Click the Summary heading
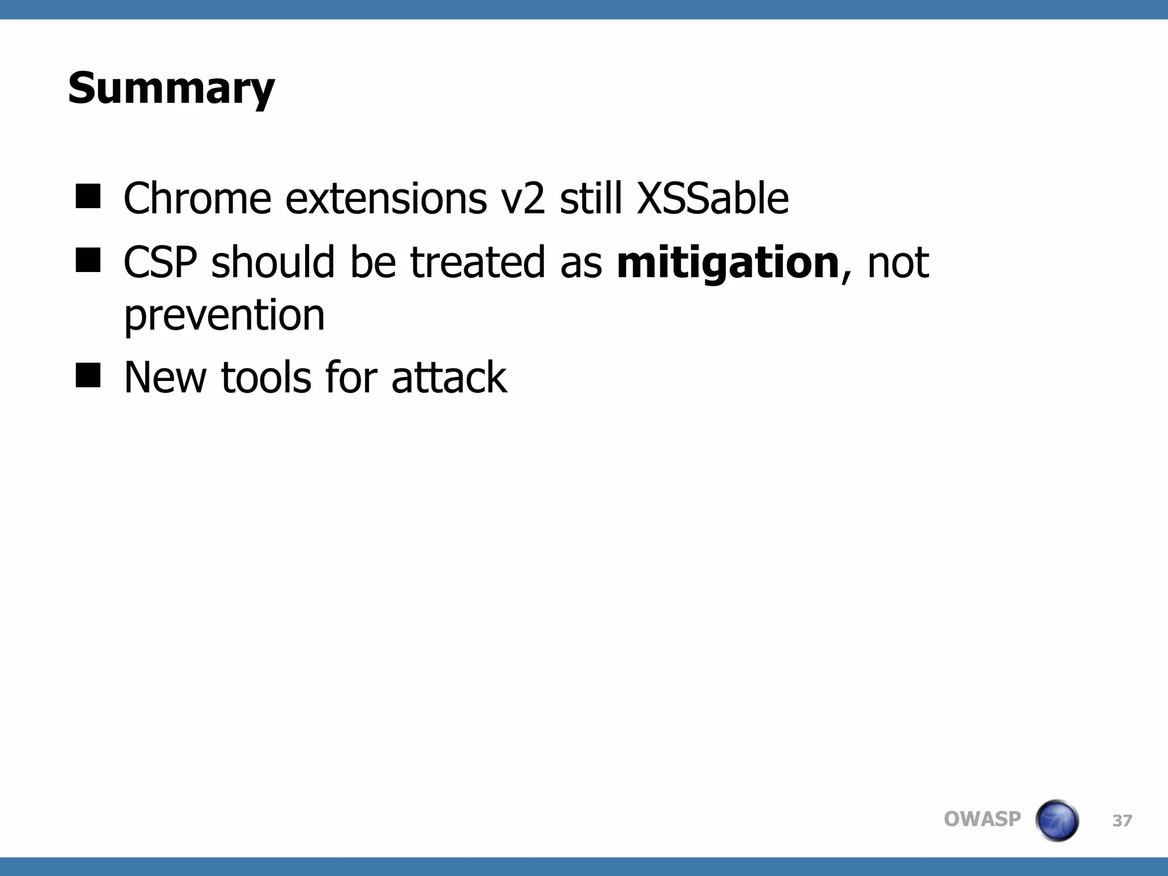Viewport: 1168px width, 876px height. [171, 89]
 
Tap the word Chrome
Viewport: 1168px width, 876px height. [197, 198]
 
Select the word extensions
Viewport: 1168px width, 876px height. [386, 198]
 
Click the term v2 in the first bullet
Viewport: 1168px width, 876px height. [522, 198]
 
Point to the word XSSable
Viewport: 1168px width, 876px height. [712, 198]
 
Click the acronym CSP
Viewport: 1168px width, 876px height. [160, 262]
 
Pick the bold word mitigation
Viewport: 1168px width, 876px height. [728, 262]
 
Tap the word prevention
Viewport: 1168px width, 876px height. [224, 315]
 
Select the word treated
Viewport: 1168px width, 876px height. [477, 262]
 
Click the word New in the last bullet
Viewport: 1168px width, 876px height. [165, 378]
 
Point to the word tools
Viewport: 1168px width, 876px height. [266, 378]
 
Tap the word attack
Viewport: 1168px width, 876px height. [449, 378]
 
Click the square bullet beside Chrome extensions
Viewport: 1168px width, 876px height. [88, 197]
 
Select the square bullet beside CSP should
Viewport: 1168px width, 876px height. [88, 261]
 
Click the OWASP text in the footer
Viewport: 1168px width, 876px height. [982, 819]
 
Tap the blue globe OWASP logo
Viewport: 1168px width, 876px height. [1057, 820]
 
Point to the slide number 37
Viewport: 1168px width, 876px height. [1122, 821]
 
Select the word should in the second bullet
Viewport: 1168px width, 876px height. [272, 262]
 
